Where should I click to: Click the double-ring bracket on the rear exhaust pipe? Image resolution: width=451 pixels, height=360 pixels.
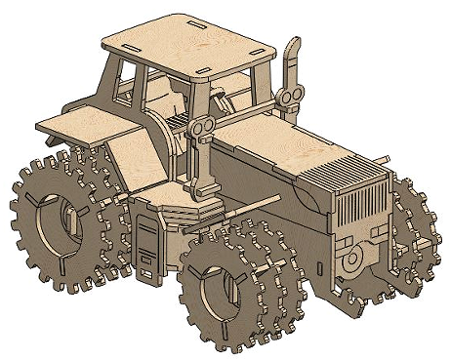pos(288,96)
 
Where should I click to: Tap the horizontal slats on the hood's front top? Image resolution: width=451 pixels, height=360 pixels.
pos(337,173)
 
